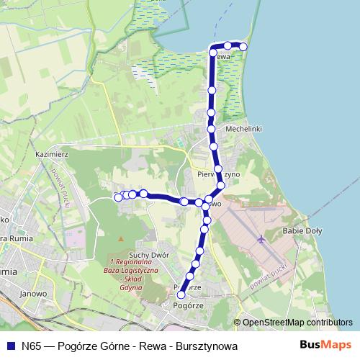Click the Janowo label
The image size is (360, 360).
32,293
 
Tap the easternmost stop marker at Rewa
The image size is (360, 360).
243,47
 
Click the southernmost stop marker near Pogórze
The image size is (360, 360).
181,294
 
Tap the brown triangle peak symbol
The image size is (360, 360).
121,238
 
